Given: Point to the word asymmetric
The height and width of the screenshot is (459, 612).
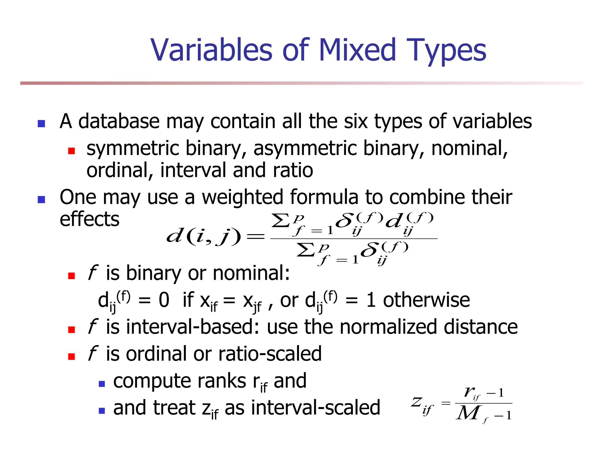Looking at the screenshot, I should click(x=305, y=149).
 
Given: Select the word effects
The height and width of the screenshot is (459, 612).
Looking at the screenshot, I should click(x=89, y=219).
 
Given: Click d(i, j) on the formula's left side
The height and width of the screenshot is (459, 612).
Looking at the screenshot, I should click(x=203, y=237).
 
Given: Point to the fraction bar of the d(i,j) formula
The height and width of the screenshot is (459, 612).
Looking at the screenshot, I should click(x=354, y=238).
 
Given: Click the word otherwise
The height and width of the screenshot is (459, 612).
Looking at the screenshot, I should click(x=426, y=300).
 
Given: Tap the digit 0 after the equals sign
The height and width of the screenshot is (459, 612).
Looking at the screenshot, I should click(x=164, y=300).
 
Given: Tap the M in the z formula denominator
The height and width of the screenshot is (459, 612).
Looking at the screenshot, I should click(x=468, y=414).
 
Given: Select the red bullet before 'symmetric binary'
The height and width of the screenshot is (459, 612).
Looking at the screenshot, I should click(x=71, y=151).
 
